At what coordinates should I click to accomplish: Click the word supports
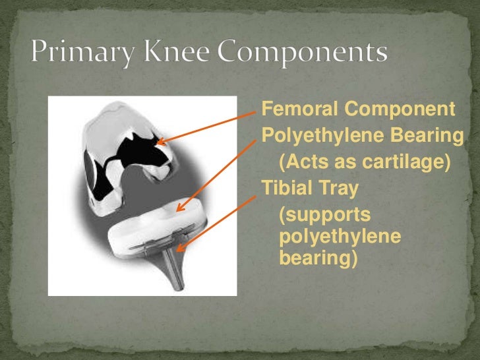(325, 216)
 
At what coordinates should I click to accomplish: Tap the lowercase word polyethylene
(340, 237)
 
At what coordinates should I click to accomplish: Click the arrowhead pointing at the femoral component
(160, 141)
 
